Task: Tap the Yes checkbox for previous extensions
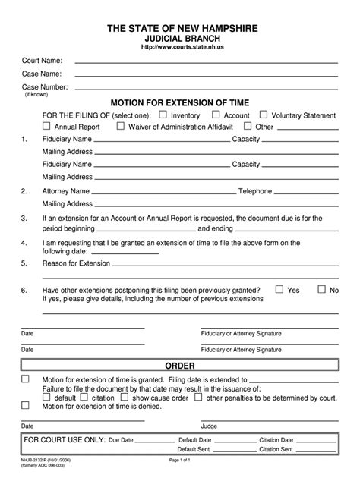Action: (x=279, y=289)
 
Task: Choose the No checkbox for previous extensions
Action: (x=321, y=289)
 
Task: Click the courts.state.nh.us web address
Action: (x=180, y=46)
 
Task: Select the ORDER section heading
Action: (x=180, y=366)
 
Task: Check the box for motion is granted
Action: (x=26, y=378)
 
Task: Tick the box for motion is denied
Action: (x=26, y=405)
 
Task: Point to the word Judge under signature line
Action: (x=210, y=426)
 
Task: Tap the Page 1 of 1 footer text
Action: (x=182, y=461)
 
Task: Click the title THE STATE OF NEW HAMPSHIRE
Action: (x=180, y=27)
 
